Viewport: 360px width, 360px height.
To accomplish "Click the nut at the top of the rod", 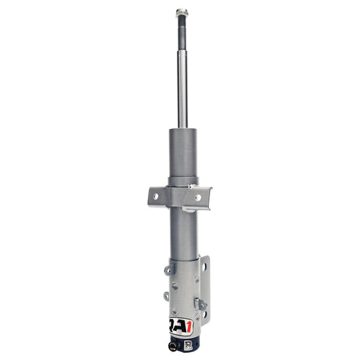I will coord(181,13).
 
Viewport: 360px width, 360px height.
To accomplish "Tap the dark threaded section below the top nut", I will coord(181,26).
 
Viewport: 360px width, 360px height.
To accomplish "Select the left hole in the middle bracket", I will coord(157,196).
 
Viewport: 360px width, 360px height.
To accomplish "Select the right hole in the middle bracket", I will coord(197,197).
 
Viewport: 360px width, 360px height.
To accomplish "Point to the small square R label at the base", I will coord(189,343).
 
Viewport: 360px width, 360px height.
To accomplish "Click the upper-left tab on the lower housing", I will coord(167,270).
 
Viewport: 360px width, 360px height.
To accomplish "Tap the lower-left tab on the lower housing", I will coord(167,296).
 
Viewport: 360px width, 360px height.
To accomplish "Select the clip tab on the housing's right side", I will coord(201,303).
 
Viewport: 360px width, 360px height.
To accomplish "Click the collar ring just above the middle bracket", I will coord(182,182).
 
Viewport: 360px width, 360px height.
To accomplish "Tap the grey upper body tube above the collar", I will coord(182,153).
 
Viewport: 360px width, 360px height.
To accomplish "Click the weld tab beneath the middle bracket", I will coord(182,212).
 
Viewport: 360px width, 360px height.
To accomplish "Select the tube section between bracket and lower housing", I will coord(181,235).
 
